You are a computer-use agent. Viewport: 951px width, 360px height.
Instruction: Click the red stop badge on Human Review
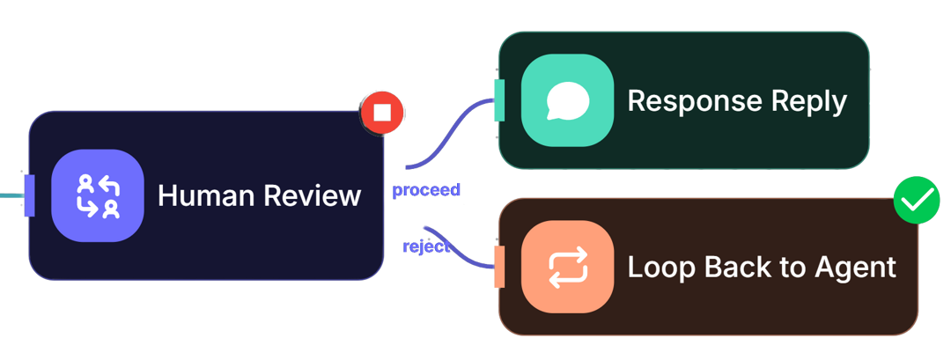[381, 113]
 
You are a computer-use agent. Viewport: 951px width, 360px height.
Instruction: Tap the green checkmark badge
[917, 200]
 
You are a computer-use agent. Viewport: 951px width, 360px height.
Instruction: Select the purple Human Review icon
[98, 195]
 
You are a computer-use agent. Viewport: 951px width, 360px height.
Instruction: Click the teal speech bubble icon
[567, 100]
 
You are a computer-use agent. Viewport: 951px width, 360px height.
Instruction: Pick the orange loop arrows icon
[567, 267]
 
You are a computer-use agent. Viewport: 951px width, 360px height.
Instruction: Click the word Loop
[658, 268]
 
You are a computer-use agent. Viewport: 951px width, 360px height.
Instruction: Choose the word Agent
[857, 268]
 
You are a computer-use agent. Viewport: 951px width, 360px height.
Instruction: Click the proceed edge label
[426, 190]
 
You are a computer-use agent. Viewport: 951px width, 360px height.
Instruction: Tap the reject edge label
[426, 246]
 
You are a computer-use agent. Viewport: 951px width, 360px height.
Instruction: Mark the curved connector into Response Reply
[450, 133]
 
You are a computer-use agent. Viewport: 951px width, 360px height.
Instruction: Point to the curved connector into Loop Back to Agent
[459, 247]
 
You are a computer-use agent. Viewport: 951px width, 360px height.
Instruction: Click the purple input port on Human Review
[29, 195]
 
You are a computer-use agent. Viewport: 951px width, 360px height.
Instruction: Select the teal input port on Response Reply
[500, 100]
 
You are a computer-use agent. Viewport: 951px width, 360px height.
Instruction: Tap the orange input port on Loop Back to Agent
[500, 267]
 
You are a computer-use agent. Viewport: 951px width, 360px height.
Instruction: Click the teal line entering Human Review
[12, 195]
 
